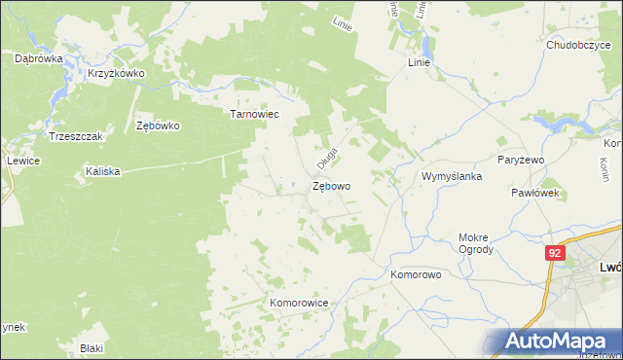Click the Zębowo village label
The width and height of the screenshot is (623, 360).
pos(332,185)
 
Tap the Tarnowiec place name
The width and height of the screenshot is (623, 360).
pos(254,113)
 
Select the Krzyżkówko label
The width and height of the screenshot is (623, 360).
pos(116,73)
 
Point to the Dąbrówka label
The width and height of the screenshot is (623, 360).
pos(39,58)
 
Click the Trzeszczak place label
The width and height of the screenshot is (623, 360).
pos(75,136)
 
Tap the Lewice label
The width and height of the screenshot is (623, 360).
pos(21,161)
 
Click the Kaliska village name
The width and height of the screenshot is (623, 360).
pos(102,171)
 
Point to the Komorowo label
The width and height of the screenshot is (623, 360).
pos(417,274)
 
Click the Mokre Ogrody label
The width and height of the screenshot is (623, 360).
pos(476,242)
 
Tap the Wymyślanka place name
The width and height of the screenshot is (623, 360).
pos(452,176)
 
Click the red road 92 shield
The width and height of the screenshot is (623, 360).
pos(555,253)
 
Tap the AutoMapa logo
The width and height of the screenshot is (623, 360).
pos(556,342)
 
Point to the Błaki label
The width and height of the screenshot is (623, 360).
pos(92,347)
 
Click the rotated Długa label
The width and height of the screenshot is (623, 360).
pos(325,156)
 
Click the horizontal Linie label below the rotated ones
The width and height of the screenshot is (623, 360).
pos(419,61)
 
